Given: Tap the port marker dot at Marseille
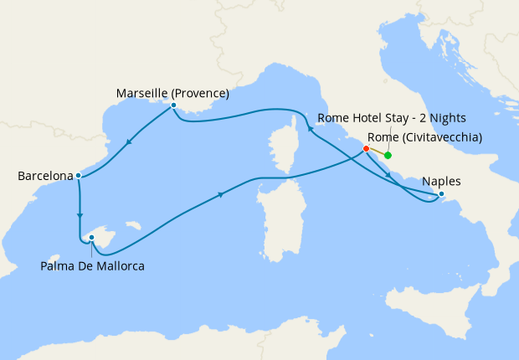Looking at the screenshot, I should click(173, 105).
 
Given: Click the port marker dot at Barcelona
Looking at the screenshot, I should click(78, 176).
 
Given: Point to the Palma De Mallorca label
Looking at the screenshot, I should click(92, 266).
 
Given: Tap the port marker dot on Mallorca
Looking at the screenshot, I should click(91, 238).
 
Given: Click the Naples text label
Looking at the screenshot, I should click(440, 180).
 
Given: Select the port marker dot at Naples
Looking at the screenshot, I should click(442, 196).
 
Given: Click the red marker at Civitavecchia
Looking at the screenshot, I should click(366, 149).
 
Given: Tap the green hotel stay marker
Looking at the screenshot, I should click(388, 155).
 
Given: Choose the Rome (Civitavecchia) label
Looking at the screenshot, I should click(424, 137).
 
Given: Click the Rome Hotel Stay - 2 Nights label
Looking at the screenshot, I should click(392, 118).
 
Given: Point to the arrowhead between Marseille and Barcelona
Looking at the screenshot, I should click(127, 142).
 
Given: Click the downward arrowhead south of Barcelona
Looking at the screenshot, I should click(80, 215).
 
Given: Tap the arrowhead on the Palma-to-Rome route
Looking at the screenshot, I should click(221, 195).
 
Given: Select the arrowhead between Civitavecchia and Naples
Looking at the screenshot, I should click(388, 175).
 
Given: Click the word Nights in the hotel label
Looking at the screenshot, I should click(448, 118).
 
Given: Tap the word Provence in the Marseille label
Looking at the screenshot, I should click(201, 93).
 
